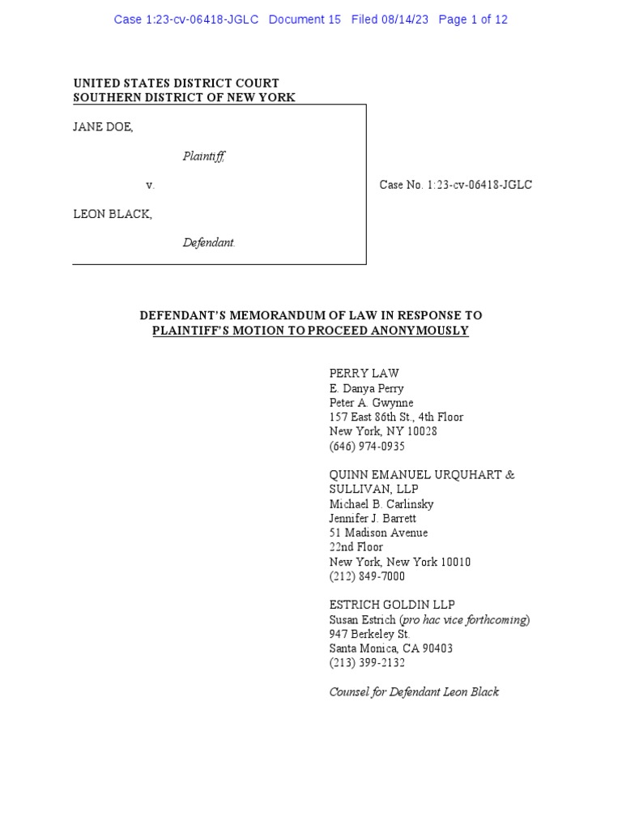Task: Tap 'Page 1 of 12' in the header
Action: point(473,19)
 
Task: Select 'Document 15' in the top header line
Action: point(305,19)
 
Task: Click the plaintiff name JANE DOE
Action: point(103,127)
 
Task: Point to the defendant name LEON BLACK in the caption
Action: point(113,214)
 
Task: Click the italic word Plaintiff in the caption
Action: point(203,156)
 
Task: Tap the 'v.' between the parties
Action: point(150,186)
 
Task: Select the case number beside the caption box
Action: point(456,185)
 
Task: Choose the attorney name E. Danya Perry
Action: point(366,388)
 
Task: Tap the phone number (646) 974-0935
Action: point(367,447)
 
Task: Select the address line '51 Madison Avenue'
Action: point(378,533)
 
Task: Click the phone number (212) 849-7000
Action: point(367,576)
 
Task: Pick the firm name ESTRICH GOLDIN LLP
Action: point(392,605)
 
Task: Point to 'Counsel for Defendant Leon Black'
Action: point(414,692)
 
